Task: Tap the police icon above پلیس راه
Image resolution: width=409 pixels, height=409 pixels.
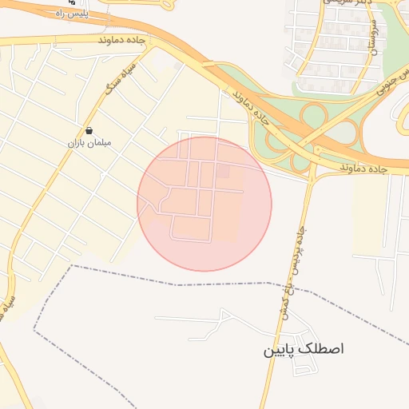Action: [x=73, y=3]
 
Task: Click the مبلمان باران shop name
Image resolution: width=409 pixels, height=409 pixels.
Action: [x=88, y=142]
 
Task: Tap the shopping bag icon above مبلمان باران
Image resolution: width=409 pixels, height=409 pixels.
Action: [x=88, y=130]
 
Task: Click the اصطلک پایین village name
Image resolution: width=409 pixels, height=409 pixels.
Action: [x=304, y=350]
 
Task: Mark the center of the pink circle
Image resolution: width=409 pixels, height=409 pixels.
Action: [x=204, y=204]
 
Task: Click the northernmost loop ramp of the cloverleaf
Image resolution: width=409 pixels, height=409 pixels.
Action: [x=313, y=114]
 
